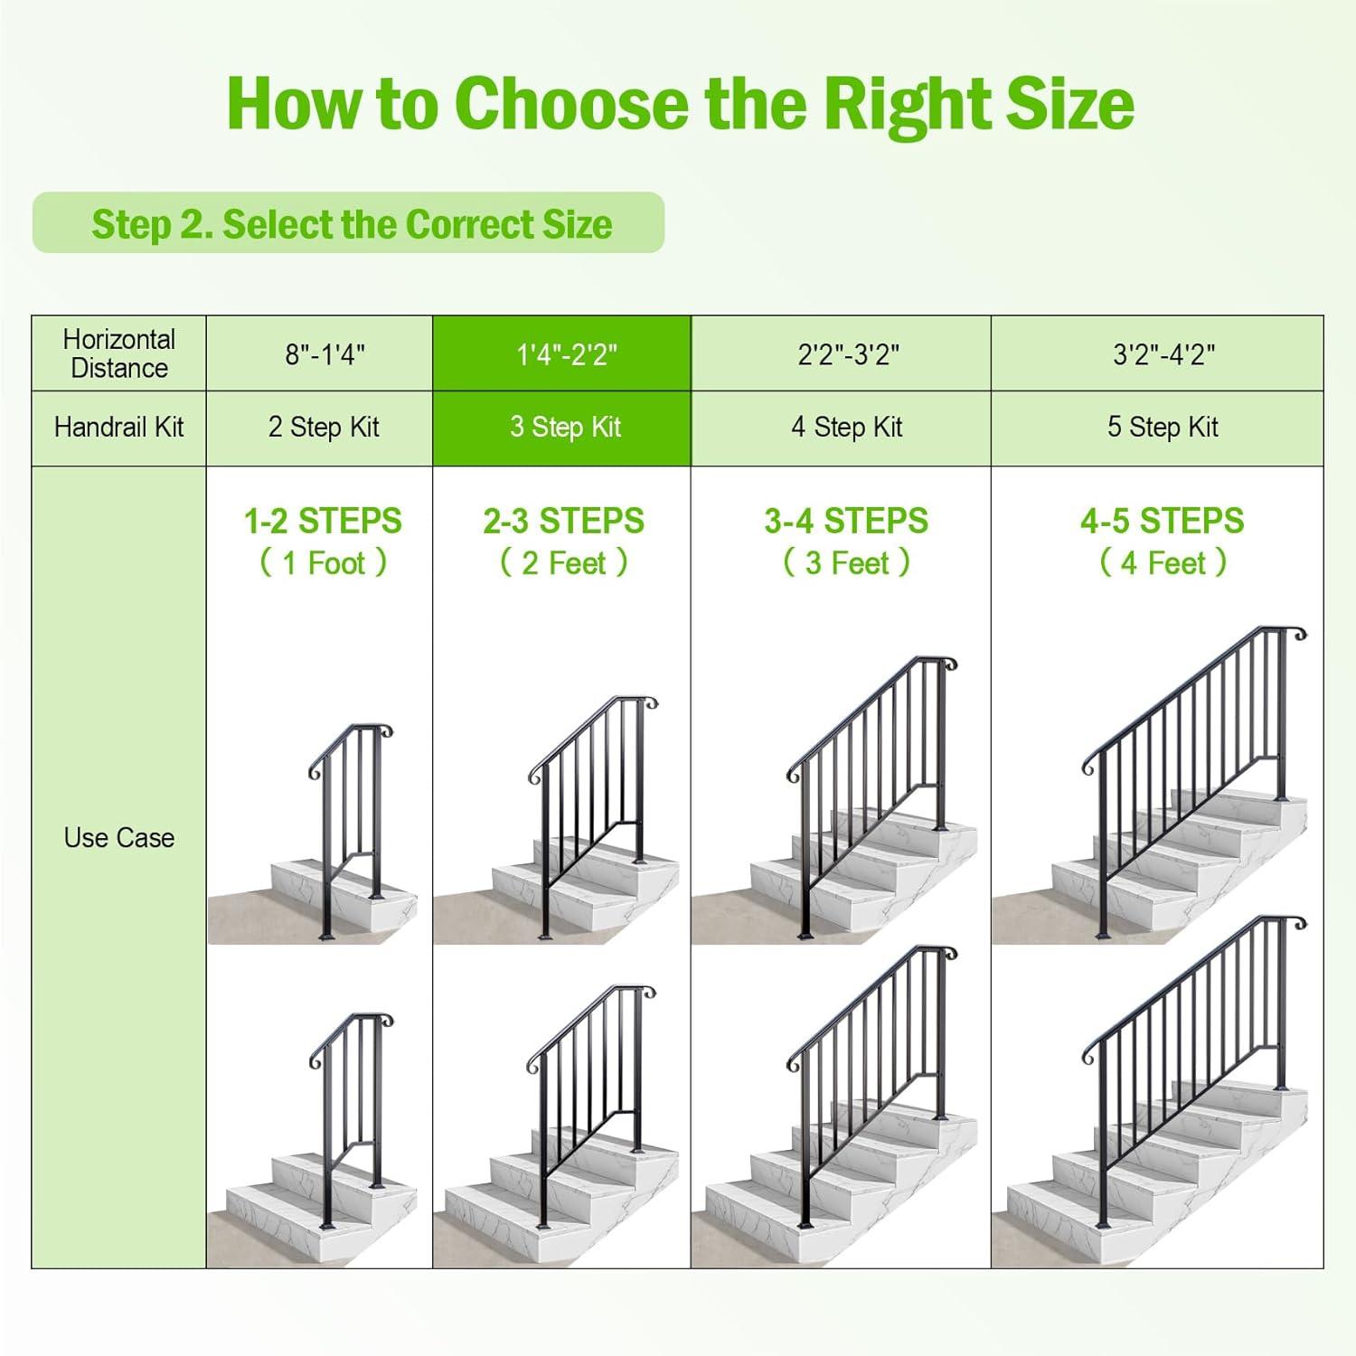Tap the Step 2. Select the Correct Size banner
pos(350,223)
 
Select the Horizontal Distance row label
pos(118,353)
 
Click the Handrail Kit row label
pos(118,428)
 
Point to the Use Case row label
pos(118,838)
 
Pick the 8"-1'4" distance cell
pos(325,354)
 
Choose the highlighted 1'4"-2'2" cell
pos(566,354)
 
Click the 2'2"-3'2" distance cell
pos(847,354)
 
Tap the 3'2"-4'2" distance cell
pos(1163,354)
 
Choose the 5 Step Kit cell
pos(1163,428)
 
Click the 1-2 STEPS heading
pos(323,522)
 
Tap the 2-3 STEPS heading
pos(563,522)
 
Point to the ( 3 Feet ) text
pos(846,563)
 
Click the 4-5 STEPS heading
pos(1162,522)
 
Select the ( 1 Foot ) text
pos(323,563)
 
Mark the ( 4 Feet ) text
pos(1163,563)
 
